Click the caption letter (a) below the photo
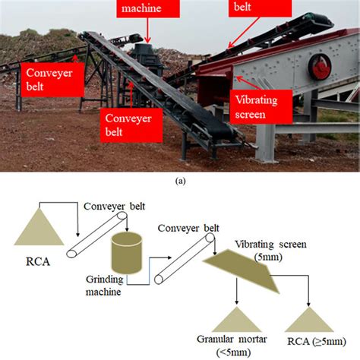pyautogui.click(x=180, y=180)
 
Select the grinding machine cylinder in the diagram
pyautogui.click(x=125, y=254)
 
